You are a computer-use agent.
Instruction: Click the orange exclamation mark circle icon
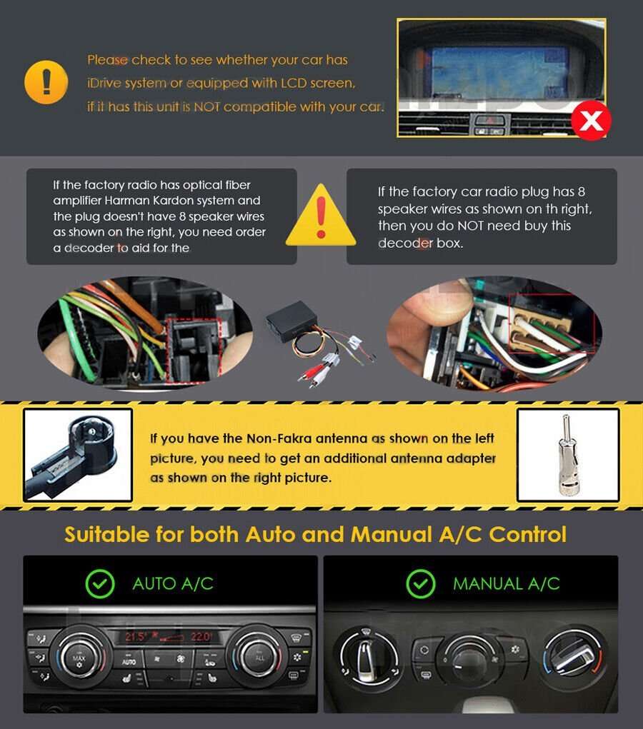[46, 83]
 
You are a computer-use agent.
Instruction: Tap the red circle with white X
[591, 120]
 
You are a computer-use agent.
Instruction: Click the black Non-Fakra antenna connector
[77, 454]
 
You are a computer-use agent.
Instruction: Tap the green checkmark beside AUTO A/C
[100, 583]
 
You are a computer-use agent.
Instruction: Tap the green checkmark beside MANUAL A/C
[420, 583]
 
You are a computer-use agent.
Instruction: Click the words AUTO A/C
[173, 583]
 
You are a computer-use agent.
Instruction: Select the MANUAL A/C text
[506, 583]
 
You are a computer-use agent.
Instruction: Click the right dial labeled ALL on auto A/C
[260, 655]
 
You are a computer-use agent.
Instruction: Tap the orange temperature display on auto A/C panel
[169, 635]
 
